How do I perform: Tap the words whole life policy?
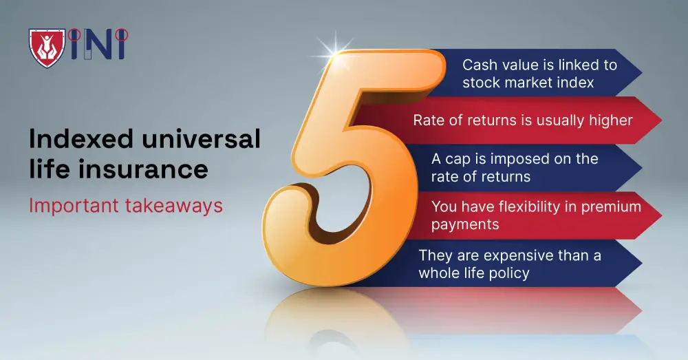[473, 273]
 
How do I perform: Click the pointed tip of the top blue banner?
[641, 72]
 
